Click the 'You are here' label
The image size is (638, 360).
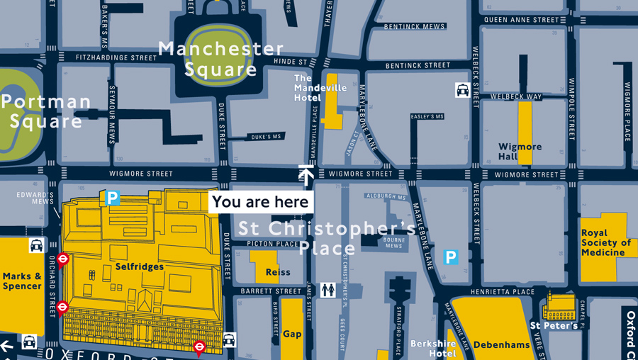261,202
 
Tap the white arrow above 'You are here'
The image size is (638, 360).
306,175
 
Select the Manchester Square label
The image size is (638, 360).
220,60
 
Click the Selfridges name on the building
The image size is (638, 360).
140,267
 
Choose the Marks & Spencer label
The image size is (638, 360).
22,281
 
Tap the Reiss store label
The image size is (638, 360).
278,272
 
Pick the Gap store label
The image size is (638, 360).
292,334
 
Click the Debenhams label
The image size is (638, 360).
501,345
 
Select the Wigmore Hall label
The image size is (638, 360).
520,152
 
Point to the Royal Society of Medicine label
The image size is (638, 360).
605,243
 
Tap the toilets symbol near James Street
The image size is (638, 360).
328,290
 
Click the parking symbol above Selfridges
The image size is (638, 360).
112,198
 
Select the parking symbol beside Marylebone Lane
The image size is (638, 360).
450,257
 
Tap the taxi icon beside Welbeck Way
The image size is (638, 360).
462,90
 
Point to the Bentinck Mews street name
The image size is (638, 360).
415,27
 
